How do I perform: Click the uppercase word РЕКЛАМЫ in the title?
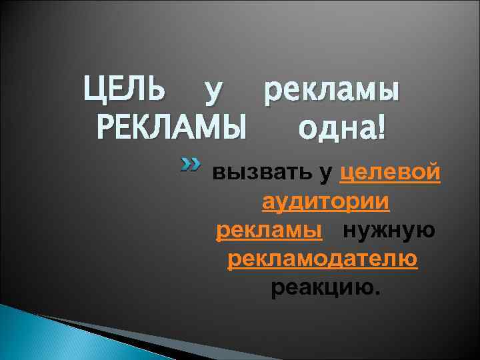click(x=172, y=125)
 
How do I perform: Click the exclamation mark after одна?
click(x=381, y=125)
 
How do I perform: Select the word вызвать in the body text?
click(x=262, y=173)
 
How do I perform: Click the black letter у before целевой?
click(x=325, y=175)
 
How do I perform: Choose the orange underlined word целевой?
click(x=389, y=173)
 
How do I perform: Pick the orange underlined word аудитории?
click(x=326, y=202)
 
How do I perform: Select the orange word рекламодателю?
click(x=323, y=260)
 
